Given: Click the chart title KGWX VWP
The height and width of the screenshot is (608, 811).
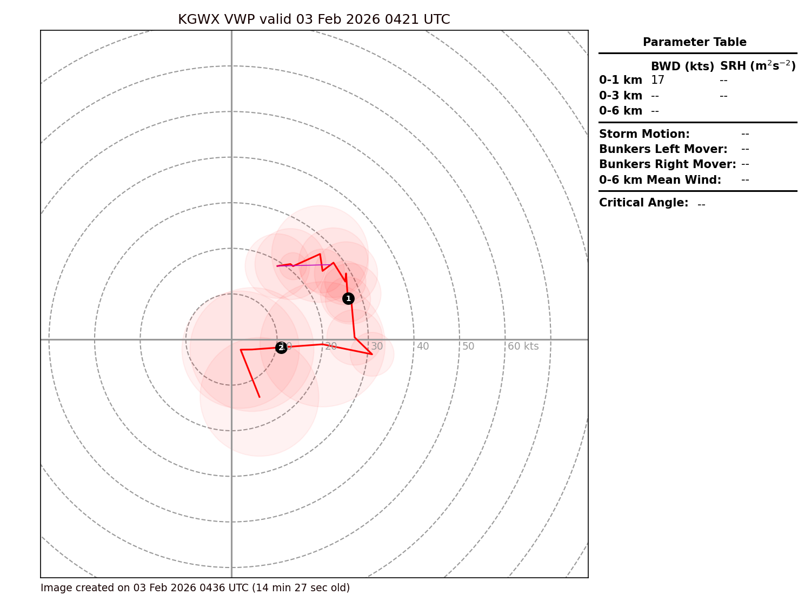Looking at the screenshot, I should tap(314, 20).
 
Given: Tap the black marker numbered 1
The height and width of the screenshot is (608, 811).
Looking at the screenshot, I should tap(348, 298).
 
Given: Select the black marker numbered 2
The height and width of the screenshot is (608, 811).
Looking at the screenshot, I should tap(281, 348).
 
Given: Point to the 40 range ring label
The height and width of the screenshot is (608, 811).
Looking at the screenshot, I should tap(423, 346).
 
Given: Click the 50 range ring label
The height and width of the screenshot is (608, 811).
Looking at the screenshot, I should tap(468, 346).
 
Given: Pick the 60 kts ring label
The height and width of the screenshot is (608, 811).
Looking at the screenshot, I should tap(523, 346).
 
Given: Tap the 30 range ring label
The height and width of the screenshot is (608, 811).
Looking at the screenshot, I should tap(377, 346).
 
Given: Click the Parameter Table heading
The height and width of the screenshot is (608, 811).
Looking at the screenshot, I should tap(694, 42).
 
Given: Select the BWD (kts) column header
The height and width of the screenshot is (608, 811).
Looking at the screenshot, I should tap(682, 66).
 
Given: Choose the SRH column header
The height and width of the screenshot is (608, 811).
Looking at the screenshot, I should tap(757, 66).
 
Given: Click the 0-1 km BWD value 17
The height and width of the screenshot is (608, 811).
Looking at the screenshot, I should tap(657, 81).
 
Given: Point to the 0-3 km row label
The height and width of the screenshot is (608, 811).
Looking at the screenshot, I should tap(621, 96).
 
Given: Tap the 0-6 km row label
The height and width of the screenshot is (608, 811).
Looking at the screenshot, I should tap(621, 111).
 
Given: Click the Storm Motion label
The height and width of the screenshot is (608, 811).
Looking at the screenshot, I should tap(644, 134).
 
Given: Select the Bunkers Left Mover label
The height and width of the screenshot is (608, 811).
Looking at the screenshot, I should tap(663, 149).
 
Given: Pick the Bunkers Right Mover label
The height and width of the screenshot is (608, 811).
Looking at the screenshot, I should tap(668, 164).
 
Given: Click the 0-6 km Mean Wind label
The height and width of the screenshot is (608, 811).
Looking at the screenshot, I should tap(660, 180).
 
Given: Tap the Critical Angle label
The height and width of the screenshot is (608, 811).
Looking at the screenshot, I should tap(643, 203).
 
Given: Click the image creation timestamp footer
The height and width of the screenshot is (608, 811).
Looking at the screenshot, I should tap(195, 588).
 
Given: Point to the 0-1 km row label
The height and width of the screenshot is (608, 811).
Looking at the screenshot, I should tap(621, 81).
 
